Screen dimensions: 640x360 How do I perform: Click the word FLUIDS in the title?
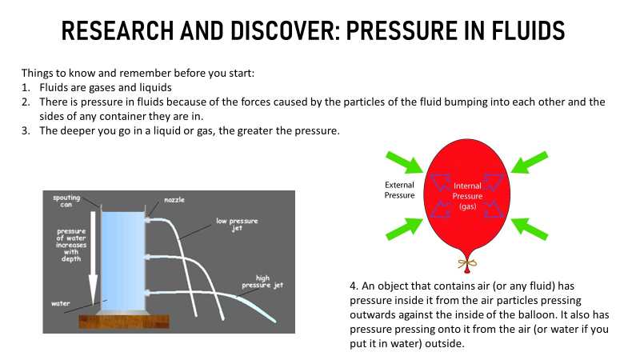(x=528, y=30)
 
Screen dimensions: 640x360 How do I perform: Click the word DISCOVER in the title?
(x=285, y=30)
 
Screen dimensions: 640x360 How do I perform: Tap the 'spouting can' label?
(x=66, y=201)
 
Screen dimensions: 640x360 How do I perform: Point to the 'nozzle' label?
(x=174, y=199)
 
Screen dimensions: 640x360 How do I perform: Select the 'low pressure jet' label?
(x=237, y=225)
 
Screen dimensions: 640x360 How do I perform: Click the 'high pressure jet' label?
(x=262, y=282)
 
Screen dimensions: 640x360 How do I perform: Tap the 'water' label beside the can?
(x=61, y=303)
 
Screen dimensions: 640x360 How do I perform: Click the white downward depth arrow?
(x=93, y=258)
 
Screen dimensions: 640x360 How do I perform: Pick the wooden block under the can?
(x=124, y=322)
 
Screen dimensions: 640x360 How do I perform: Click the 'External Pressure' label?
(x=399, y=190)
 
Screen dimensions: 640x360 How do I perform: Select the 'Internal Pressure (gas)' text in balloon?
(x=467, y=196)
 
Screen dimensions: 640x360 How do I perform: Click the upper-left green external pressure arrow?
(x=405, y=162)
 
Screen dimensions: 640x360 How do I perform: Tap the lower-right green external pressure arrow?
(x=530, y=229)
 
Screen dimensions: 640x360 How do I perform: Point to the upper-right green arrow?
(x=530, y=162)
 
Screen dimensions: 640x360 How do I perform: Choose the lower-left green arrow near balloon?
(x=405, y=229)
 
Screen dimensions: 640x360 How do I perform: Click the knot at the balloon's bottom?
(x=467, y=265)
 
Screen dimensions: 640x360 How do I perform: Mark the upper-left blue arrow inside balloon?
(x=441, y=182)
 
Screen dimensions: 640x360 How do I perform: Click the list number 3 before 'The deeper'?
(x=26, y=131)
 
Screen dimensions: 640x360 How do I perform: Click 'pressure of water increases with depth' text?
(x=71, y=245)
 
